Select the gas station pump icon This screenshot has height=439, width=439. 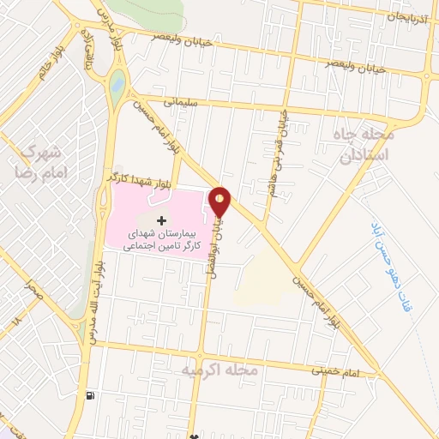(x=90, y=396)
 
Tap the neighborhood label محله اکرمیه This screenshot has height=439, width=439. (x=219, y=370)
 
